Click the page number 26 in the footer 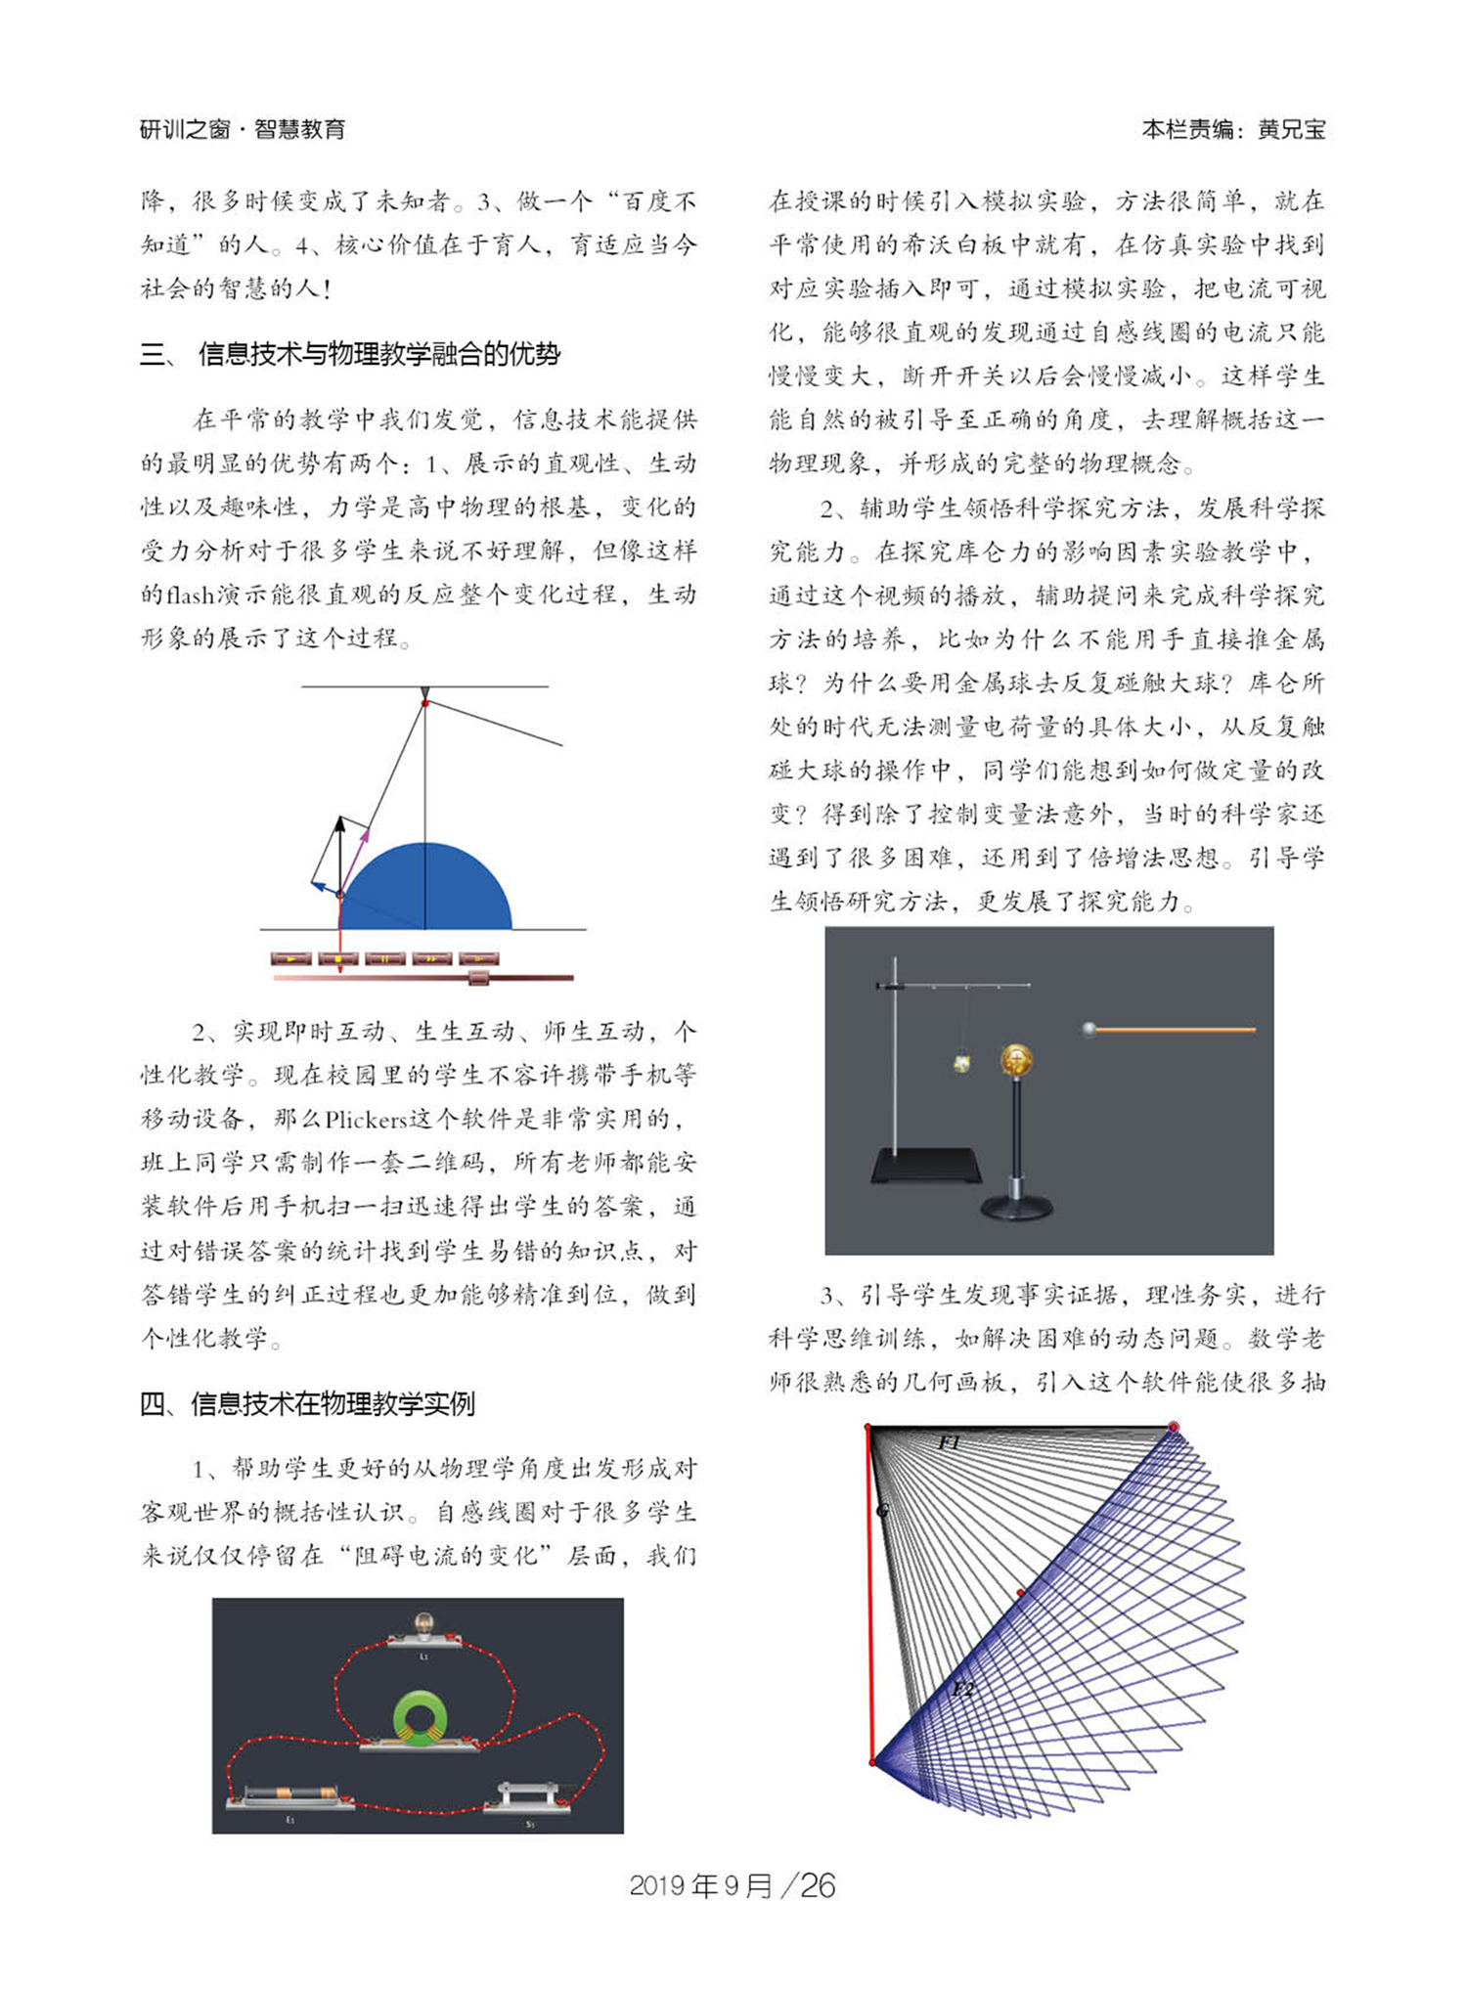[x=818, y=1885]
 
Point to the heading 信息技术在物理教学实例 [x=332, y=1404]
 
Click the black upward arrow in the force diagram [x=340, y=851]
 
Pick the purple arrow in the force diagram [x=358, y=856]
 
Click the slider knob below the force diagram [x=479, y=977]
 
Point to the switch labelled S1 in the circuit [x=529, y=1797]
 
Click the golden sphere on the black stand [x=1016, y=1060]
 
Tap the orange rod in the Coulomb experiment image [x=1174, y=1030]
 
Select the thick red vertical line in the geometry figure [x=869, y=1594]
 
